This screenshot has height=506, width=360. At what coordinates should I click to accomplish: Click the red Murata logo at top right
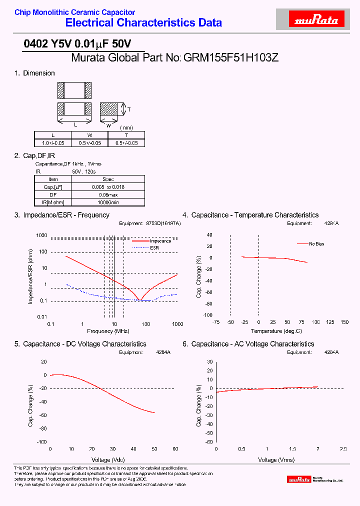click(316, 20)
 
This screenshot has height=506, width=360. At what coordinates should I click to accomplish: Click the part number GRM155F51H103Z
click(231, 57)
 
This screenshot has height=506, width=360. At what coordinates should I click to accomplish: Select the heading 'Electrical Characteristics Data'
click(143, 22)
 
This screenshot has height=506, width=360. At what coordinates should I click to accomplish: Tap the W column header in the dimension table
click(89, 135)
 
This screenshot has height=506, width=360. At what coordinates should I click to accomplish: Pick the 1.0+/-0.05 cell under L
click(52, 142)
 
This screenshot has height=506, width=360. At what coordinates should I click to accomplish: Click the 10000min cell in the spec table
click(108, 202)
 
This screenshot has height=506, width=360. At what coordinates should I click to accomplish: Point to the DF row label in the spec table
click(53, 194)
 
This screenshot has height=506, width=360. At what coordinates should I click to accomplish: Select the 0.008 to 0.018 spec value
click(108, 187)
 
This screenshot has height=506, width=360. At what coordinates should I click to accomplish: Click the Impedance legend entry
click(160, 241)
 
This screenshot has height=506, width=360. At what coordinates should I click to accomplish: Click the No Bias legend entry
click(316, 244)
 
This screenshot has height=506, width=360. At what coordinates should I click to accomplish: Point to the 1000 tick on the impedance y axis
click(41, 235)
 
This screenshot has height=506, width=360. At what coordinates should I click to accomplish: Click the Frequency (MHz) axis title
click(108, 331)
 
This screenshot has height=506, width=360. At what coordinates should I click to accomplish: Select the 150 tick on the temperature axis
click(344, 322)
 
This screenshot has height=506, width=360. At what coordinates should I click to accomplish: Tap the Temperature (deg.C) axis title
click(276, 331)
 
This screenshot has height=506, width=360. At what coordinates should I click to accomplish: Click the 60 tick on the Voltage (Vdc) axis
click(175, 448)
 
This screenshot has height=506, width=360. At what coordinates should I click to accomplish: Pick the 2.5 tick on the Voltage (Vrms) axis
click(343, 448)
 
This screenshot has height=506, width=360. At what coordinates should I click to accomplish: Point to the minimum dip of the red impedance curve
click(140, 300)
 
